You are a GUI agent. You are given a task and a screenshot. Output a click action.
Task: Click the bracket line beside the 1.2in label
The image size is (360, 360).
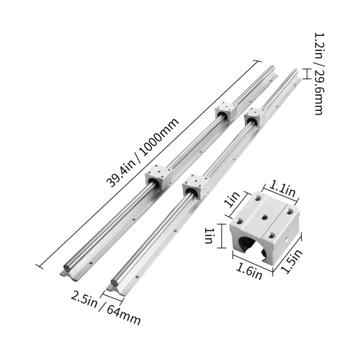[305, 73]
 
